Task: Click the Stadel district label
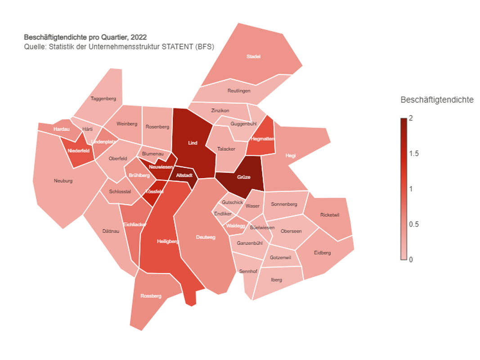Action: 254,57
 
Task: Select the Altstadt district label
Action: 184,175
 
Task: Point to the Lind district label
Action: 193,143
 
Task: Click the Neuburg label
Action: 63,181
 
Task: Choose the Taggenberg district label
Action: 103,99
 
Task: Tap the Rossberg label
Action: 151,296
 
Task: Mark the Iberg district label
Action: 277,280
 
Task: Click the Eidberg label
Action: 322,252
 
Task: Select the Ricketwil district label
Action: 330,215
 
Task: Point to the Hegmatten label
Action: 262,139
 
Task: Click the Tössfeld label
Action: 154,192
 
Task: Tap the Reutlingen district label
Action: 239,91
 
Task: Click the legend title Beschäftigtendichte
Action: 437,100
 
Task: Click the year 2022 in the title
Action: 137,36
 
